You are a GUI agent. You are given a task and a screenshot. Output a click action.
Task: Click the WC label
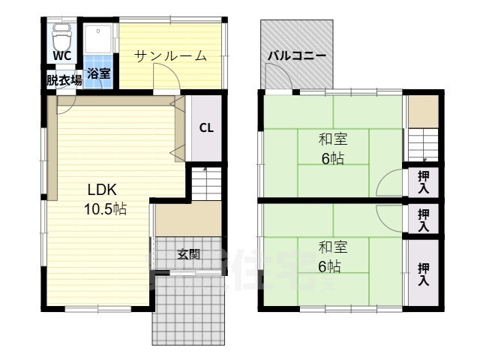coord(62,56)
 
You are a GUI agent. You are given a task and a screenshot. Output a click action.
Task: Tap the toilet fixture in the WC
coord(61,35)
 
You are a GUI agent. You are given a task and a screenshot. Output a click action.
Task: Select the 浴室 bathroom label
coord(99,73)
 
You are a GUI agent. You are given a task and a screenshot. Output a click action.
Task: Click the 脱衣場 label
coord(64,80)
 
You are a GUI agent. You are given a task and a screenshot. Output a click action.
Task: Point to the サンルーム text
coord(170,55)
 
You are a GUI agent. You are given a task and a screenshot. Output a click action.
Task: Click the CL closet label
coord(206,127)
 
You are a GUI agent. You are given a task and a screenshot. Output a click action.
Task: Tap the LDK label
coord(102,189)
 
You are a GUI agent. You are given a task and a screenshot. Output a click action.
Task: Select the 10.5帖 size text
coord(105,209)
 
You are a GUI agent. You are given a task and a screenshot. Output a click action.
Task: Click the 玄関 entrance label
coord(188,254)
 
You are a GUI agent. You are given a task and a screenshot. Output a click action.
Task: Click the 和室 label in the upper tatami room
coord(332,139)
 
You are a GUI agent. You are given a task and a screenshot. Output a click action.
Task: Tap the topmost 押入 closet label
coord(423,182)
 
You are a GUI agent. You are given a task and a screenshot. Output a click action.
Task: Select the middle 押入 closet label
coord(423,220)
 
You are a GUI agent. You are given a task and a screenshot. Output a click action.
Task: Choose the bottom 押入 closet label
coord(423,274)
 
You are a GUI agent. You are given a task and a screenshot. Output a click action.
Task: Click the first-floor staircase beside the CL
coord(205,182)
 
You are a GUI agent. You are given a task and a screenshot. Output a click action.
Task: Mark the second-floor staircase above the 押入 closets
coord(422,144)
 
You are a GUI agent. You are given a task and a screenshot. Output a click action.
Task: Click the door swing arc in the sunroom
coord(164,76)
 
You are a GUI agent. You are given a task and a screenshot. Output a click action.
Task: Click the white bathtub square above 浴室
coord(99,42)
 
